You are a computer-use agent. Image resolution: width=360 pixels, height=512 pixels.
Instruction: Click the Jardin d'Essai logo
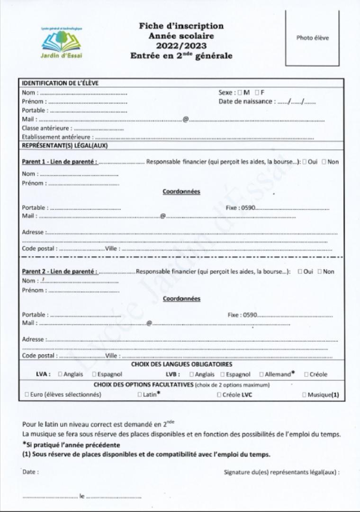click(x=62, y=43)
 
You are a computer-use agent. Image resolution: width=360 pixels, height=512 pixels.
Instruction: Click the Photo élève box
click(x=312, y=38)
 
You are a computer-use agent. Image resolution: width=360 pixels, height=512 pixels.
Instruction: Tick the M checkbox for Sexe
click(x=240, y=92)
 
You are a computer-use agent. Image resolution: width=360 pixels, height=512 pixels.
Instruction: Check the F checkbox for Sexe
click(x=257, y=92)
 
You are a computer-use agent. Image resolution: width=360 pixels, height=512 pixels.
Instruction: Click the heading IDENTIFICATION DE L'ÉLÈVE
click(x=60, y=83)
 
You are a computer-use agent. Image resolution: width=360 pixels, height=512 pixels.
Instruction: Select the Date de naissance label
click(x=245, y=101)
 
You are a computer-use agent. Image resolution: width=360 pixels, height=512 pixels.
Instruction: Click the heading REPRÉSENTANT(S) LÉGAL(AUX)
click(x=65, y=146)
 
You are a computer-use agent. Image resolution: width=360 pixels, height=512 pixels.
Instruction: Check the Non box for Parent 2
click(x=320, y=272)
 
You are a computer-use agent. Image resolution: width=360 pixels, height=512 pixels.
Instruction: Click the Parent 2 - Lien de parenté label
click(x=60, y=272)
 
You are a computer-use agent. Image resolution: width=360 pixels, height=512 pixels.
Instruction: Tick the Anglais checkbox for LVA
click(x=60, y=374)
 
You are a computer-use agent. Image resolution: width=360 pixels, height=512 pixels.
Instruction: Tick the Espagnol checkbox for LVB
click(x=222, y=374)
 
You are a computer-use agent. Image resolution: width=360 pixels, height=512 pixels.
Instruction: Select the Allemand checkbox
click(x=261, y=374)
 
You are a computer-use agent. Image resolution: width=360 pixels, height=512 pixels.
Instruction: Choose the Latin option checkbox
click(x=140, y=394)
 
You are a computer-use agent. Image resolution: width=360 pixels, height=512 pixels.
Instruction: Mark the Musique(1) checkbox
click(x=304, y=394)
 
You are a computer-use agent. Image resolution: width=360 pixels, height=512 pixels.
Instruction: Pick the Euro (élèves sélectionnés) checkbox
click(x=26, y=394)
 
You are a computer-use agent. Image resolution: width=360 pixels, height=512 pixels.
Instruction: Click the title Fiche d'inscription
click(x=181, y=26)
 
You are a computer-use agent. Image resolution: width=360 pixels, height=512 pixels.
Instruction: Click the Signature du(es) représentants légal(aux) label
click(x=281, y=472)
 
